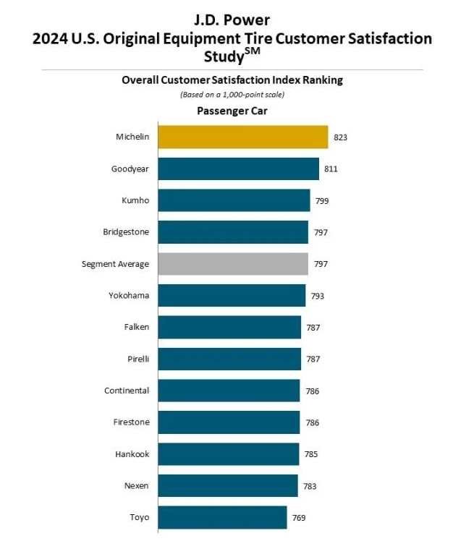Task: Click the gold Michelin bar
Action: pos(242,137)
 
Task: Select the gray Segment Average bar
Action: pos(232,264)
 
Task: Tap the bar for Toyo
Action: pos(222,518)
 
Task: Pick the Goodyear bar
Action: pos(238,169)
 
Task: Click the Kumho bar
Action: pos(234,200)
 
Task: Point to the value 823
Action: pos(341,137)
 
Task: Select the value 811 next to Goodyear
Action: pos(331,169)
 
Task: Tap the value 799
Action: pos(322,200)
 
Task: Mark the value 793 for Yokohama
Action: pos(318,296)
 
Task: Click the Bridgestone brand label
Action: pos(126,232)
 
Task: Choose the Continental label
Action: pos(127,391)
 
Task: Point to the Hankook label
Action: pos(132,454)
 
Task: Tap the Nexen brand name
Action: pos(136,486)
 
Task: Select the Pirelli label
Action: pos(137,359)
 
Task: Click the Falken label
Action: pos(136,327)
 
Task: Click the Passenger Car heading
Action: pos(232,111)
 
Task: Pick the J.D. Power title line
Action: pos(232,20)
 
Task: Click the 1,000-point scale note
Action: pos(232,95)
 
